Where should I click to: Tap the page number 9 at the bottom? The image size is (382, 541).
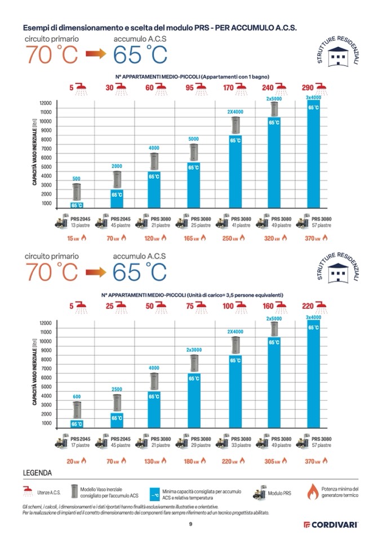pos(191,524)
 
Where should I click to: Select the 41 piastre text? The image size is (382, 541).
pos(241,225)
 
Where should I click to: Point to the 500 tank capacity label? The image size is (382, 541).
pos(77,179)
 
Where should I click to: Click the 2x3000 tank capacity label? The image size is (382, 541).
pos(194,350)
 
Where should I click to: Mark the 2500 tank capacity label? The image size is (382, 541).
pos(117,389)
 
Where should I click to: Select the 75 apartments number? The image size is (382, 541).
pos(190,307)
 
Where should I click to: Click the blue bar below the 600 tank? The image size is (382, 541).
pos(77,423)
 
